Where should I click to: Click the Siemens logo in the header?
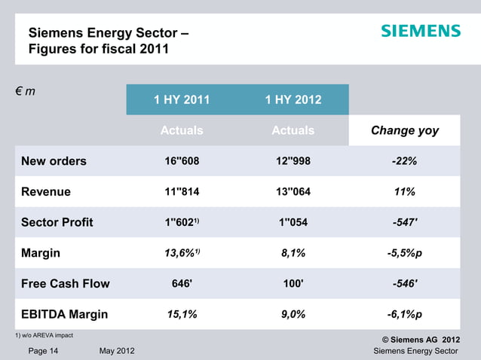420,31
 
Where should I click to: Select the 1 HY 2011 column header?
182,99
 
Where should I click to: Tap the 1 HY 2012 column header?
293,99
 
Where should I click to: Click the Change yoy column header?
405,130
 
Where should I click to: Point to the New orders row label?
54,160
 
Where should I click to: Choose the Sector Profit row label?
57,222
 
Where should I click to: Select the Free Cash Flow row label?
66,284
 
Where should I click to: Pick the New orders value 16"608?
182,161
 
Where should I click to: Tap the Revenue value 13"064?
293,192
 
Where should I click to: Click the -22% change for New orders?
405,161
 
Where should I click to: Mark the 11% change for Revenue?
405,192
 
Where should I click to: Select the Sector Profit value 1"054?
293,223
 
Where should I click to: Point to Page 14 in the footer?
44,352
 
